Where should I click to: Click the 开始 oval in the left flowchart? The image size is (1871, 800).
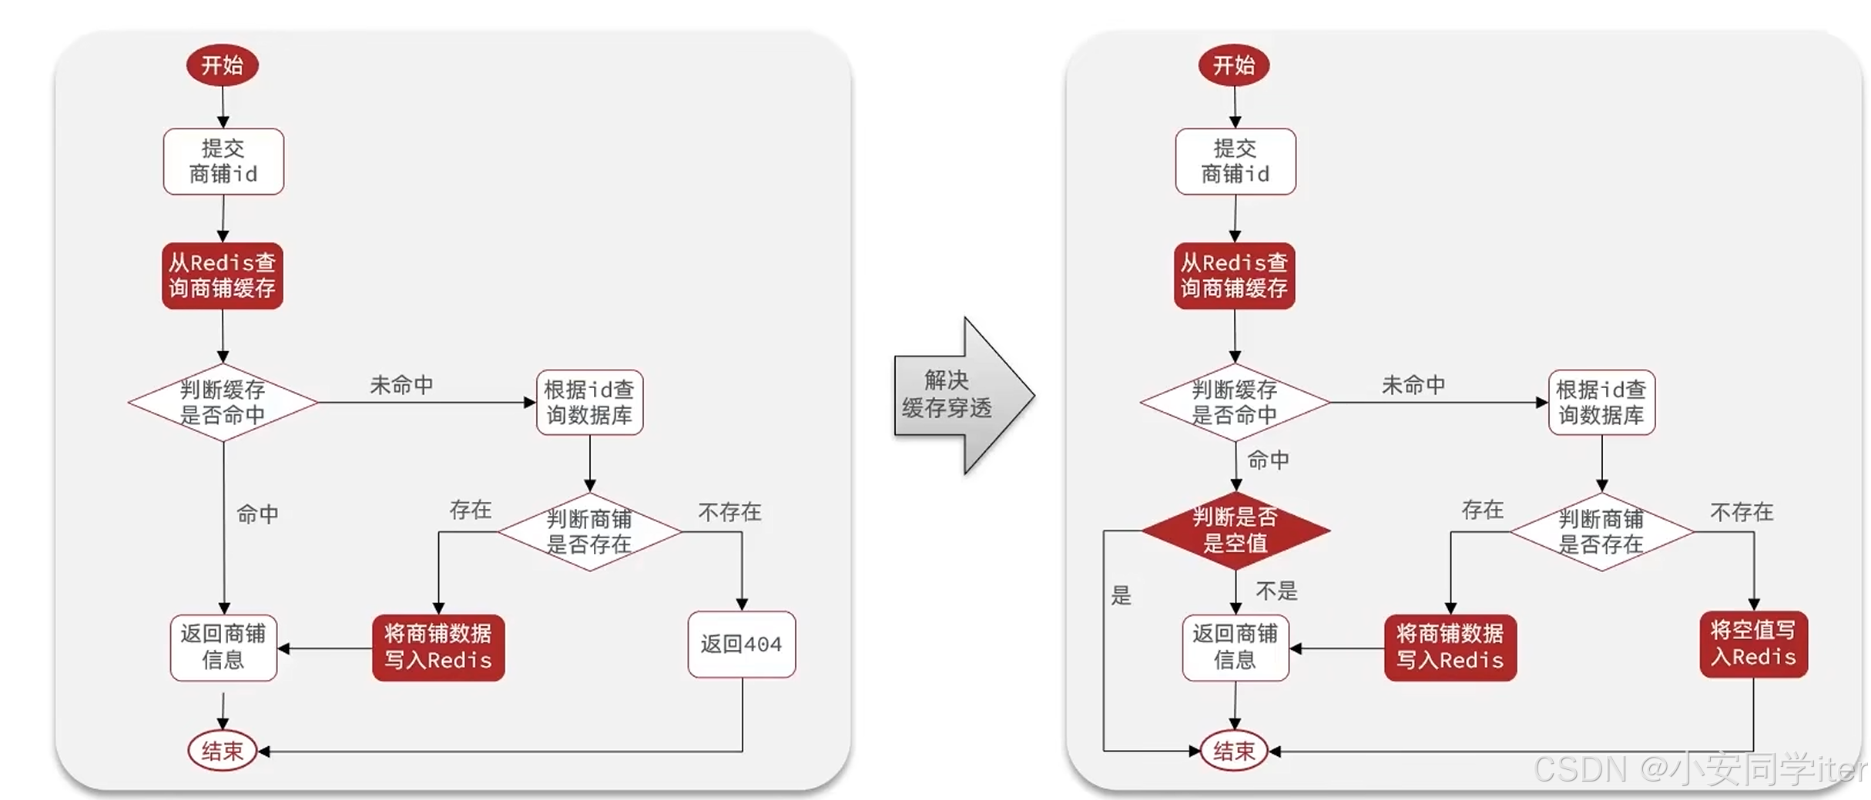[x=222, y=65]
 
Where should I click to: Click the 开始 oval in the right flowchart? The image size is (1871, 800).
[x=1233, y=65]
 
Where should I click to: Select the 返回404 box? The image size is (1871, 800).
[x=741, y=644]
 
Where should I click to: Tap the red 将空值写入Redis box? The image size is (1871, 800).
[x=1753, y=644]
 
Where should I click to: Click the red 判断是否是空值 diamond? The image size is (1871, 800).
[x=1235, y=531]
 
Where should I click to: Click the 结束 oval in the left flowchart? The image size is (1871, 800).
[x=222, y=751]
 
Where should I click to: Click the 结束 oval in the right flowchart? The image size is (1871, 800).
[x=1233, y=751]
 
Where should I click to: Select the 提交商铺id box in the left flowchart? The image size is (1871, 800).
[x=223, y=161]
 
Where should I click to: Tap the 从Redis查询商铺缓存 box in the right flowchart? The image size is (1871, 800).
[x=1234, y=276]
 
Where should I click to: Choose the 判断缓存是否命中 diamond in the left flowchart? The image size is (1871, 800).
[x=223, y=403]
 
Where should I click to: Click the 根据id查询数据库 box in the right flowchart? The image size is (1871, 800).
[x=1601, y=403]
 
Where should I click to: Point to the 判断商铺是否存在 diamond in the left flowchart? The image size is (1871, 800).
[x=589, y=532]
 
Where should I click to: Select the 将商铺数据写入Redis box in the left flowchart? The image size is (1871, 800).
[x=438, y=648]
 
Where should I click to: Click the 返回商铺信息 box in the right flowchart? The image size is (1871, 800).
[x=1235, y=648]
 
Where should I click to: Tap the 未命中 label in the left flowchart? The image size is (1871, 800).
[x=401, y=385]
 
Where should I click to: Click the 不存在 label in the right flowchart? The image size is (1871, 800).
[x=1742, y=512]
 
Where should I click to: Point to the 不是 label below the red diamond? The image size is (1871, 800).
[x=1276, y=591]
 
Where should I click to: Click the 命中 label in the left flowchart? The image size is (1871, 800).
[x=257, y=514]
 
